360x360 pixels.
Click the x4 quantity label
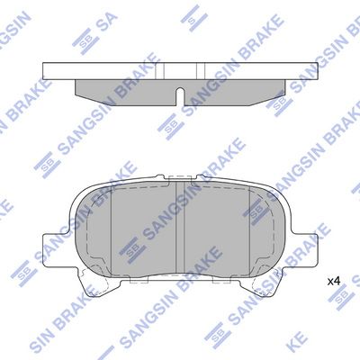pyautogui.click(x=334, y=282)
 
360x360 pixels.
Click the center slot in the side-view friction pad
pyautogui.click(x=180, y=96)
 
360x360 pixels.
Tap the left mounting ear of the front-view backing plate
pyautogui.click(x=57, y=249)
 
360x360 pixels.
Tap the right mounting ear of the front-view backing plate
pyautogui.click(x=302, y=249)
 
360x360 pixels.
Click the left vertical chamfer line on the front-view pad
pyautogui.click(x=111, y=230)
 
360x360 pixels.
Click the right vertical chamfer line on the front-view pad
pyautogui.click(x=249, y=230)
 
